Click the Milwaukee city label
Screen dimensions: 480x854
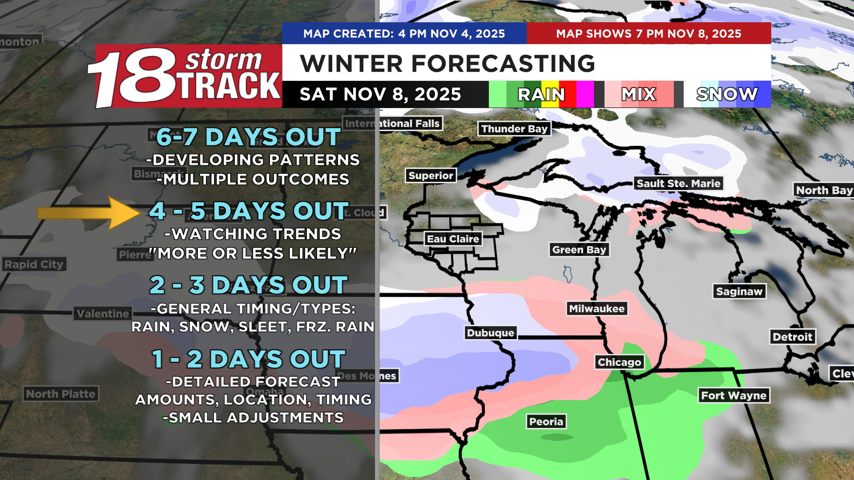(x=596, y=308)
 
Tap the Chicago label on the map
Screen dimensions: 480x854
(x=619, y=362)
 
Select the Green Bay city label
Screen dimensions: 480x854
(x=579, y=250)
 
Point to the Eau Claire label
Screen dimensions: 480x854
(x=453, y=239)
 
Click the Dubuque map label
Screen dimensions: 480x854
(x=490, y=333)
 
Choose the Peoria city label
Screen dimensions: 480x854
(x=546, y=421)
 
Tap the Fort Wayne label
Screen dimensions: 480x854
(x=733, y=395)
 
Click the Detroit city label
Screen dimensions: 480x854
(x=792, y=337)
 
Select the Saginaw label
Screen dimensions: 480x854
(x=739, y=292)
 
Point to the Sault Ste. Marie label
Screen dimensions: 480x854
(x=678, y=184)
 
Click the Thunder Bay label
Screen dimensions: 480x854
(x=514, y=129)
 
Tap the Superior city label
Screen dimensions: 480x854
(x=431, y=176)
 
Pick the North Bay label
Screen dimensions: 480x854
(x=824, y=190)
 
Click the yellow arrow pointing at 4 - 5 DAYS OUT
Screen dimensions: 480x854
(x=89, y=213)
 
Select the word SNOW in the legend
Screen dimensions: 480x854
(x=727, y=94)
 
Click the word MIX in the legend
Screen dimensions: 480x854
(x=638, y=94)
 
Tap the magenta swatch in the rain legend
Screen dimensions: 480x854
(x=584, y=94)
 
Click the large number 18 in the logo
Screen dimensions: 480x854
(x=133, y=78)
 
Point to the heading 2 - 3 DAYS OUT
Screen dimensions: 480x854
(x=248, y=285)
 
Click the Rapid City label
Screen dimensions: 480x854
(x=34, y=264)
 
